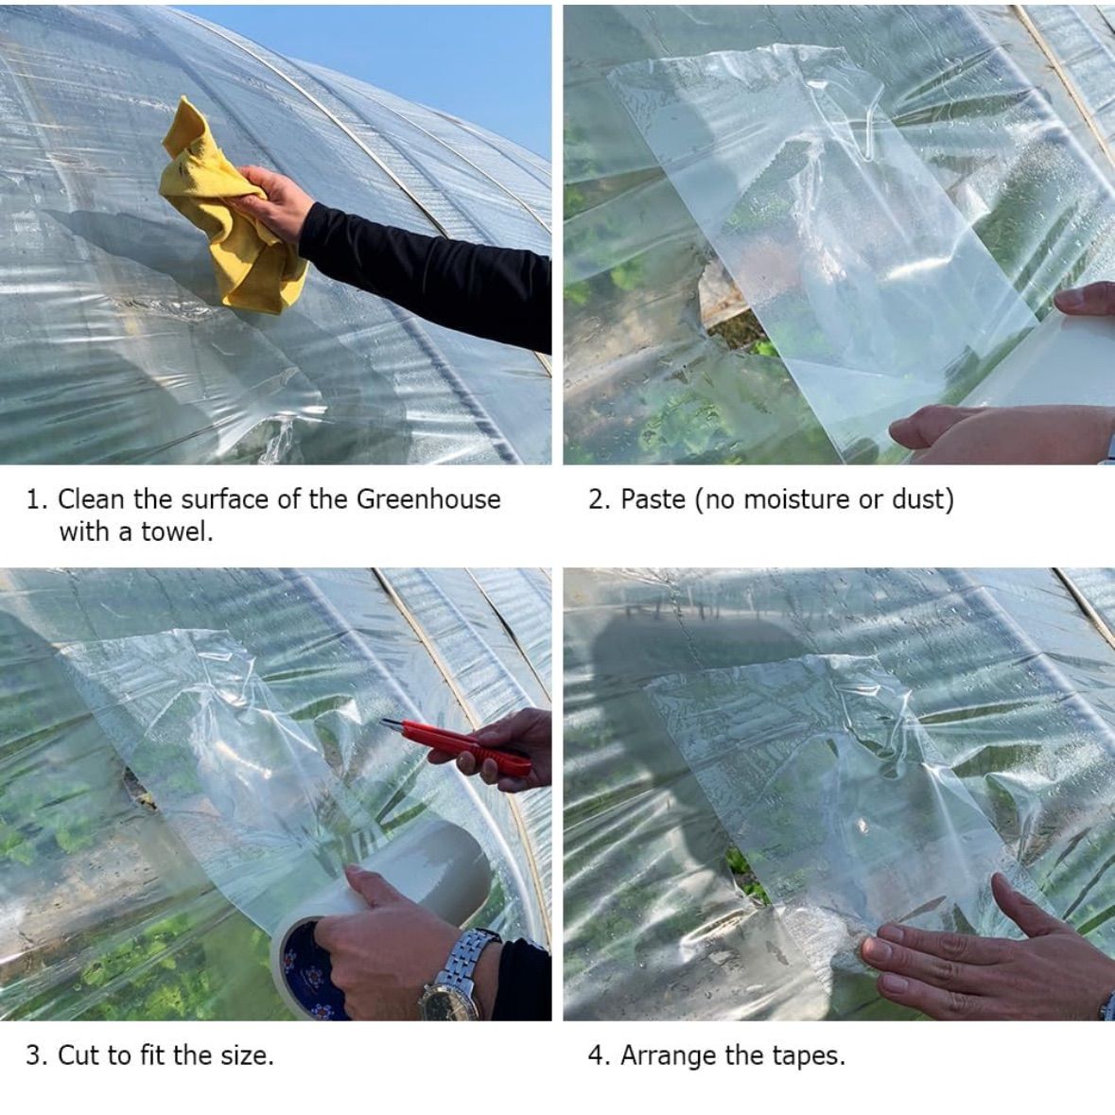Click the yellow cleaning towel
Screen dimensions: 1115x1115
pos(228,214)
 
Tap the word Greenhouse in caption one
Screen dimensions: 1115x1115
pos(428,500)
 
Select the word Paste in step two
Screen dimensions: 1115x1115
pos(653,499)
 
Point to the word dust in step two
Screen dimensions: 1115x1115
pos(922,499)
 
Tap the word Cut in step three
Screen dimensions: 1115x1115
pos(78,1055)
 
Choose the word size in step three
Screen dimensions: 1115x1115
pos(247,1055)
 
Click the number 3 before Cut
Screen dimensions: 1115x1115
pos(34,1055)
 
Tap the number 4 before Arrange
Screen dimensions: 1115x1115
pos(596,1055)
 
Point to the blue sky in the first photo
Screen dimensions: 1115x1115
pos(427,57)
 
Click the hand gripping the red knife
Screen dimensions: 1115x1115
pos(497,750)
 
